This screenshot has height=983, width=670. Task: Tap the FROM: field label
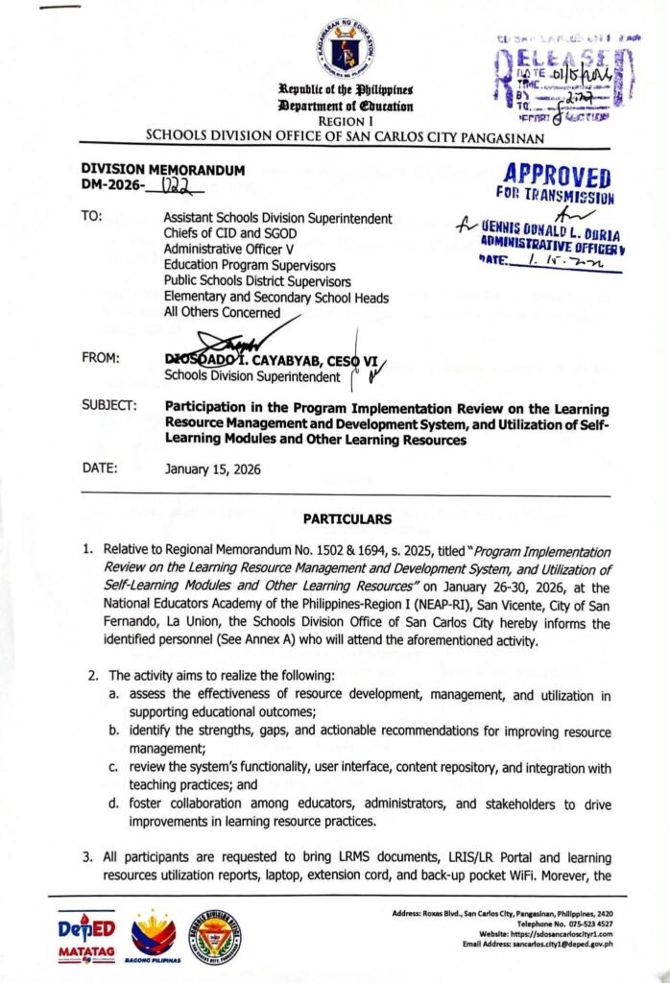(x=101, y=358)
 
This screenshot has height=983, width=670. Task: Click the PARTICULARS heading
(x=347, y=519)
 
